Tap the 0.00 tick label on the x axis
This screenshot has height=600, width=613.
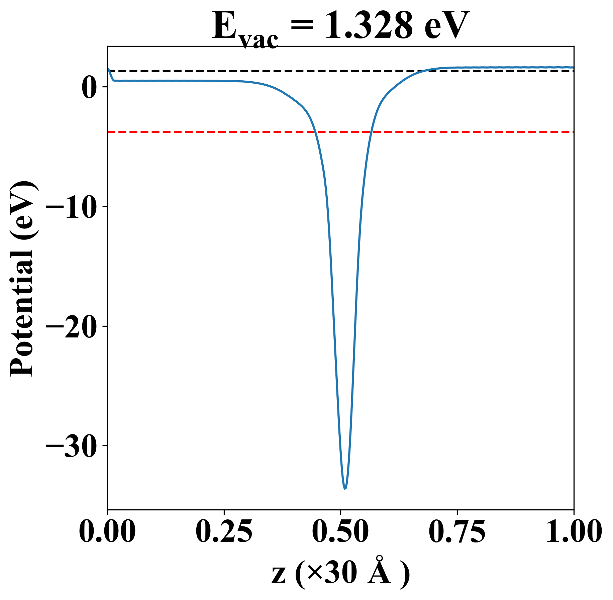coord(107,532)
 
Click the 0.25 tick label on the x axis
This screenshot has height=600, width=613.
coord(224,532)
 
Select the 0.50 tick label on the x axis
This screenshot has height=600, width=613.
coord(340,532)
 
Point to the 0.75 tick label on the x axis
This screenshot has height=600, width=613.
coord(457,532)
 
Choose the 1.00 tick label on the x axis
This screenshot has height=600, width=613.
coord(573,532)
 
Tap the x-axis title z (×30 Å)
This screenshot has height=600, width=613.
coord(340,575)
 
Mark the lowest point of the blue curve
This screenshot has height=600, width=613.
coord(345,489)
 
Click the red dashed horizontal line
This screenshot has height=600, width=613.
coord(201,132)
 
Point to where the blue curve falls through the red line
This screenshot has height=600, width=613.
coord(315,132)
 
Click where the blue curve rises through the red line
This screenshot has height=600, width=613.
coord(371,132)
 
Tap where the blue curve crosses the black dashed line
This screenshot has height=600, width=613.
coord(424,71)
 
